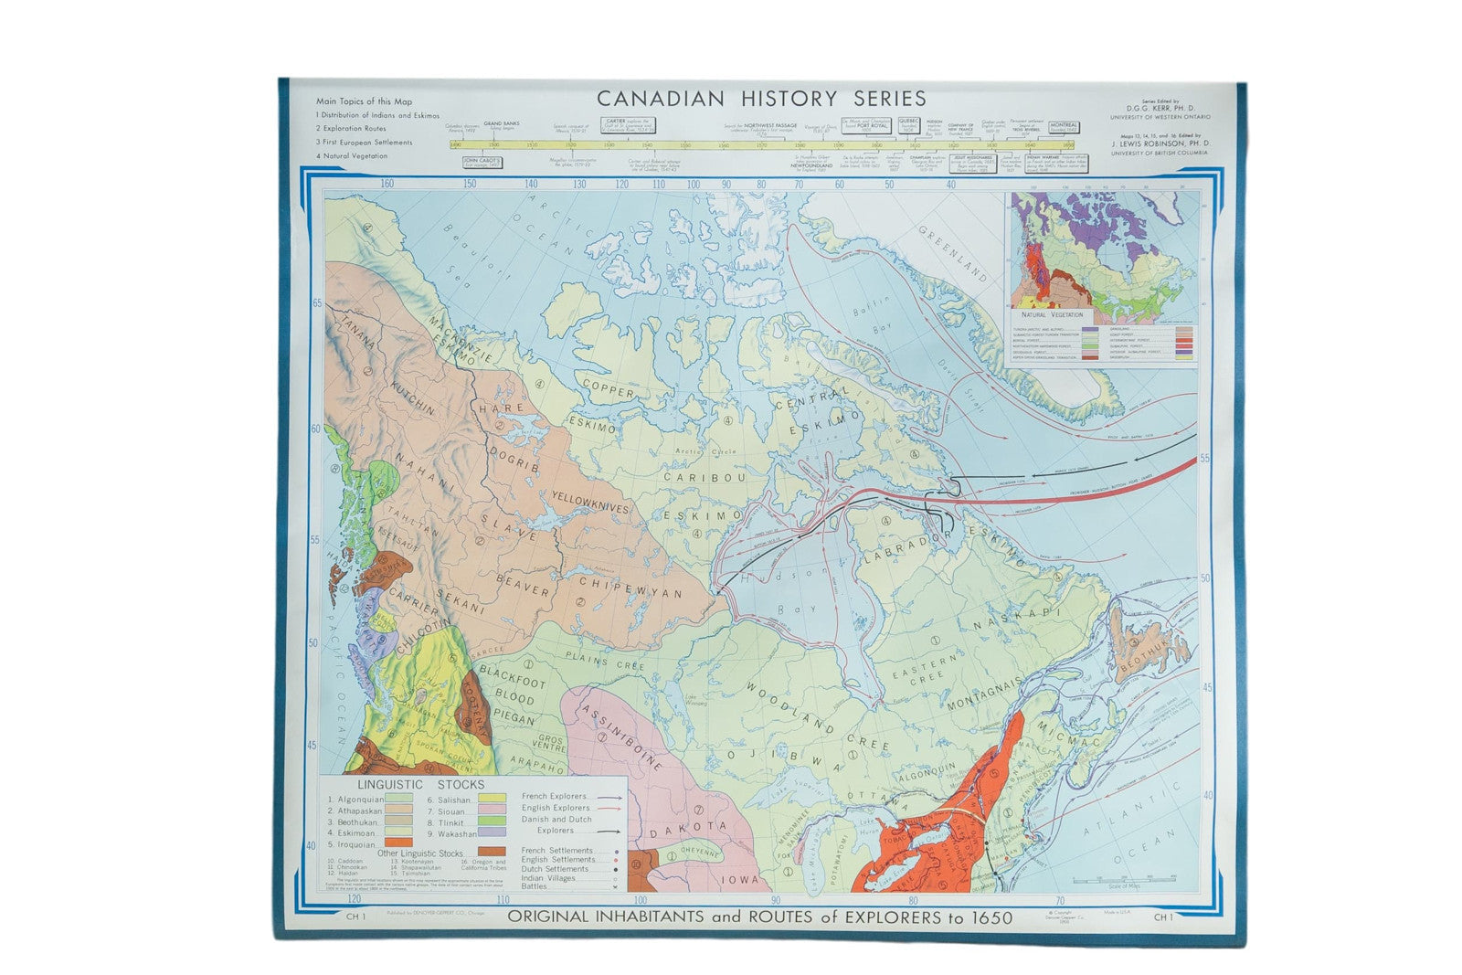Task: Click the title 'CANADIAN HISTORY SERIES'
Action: pos(760,98)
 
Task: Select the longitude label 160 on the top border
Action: pos(387,184)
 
